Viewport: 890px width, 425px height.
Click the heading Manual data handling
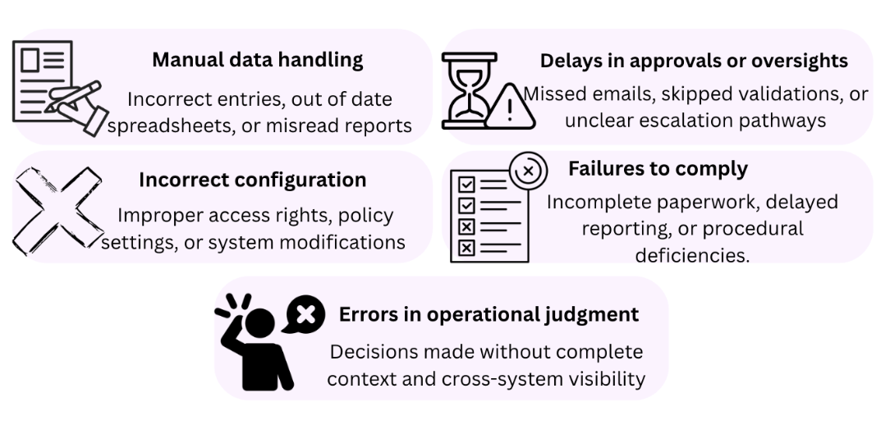257,60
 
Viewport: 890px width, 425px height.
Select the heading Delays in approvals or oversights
694,61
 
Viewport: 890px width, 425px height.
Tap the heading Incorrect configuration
252,179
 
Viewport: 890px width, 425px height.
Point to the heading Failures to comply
658,169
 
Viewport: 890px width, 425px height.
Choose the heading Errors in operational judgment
489,314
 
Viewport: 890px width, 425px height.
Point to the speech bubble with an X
304,314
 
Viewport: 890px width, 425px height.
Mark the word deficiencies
692,254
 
